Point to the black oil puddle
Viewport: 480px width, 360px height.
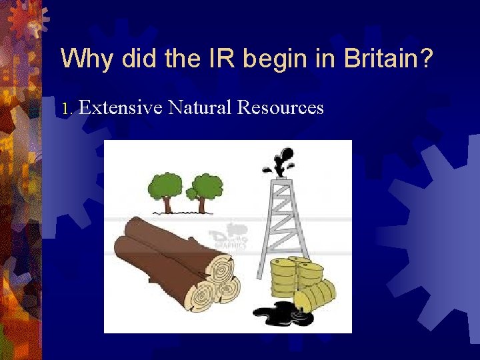281,313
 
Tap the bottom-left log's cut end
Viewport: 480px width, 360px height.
200,294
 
